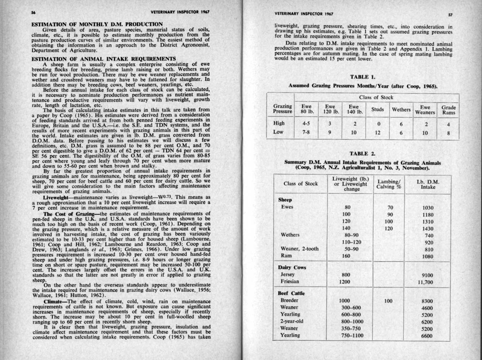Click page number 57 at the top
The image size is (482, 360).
(450, 15)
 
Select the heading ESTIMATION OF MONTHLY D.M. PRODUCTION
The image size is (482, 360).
(97, 24)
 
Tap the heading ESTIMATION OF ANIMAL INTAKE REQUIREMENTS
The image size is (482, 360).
(104, 59)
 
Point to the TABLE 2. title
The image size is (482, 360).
(362, 154)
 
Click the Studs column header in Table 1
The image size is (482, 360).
(377, 109)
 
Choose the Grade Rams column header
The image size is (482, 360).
(448, 110)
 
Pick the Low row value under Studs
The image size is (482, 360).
(377, 132)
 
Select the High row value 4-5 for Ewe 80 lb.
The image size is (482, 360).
(306, 124)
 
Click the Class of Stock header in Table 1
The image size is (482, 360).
(376, 97)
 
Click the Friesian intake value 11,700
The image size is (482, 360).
(425, 282)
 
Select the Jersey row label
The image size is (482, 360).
(287, 274)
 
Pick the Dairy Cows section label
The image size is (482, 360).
(292, 267)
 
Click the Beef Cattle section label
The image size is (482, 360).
(291, 293)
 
